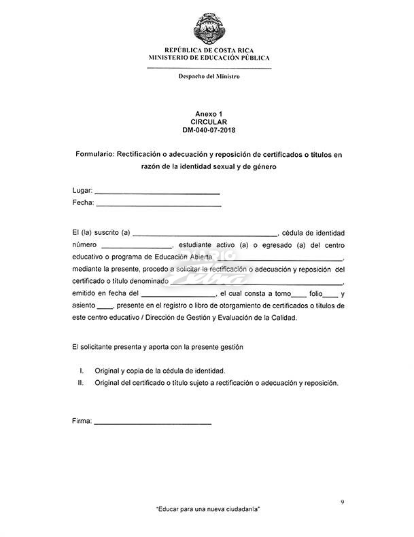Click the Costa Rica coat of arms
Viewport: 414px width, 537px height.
click(x=209, y=26)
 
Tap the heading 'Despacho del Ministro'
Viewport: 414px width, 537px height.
click(x=209, y=76)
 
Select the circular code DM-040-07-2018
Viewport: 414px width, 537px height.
click(x=209, y=129)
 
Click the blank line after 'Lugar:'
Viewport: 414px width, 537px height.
click(x=156, y=193)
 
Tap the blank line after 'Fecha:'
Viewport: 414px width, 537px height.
click(x=158, y=204)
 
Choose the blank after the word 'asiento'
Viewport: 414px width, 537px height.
click(x=105, y=307)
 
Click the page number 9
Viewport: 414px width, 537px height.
click(x=342, y=502)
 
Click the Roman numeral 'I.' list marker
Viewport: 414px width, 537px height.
click(x=82, y=371)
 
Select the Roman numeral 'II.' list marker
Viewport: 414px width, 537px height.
click(x=80, y=383)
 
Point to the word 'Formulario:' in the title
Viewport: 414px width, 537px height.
click(x=95, y=155)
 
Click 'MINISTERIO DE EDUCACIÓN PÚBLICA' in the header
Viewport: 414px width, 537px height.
click(x=209, y=58)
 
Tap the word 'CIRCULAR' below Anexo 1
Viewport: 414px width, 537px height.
click(x=209, y=122)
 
